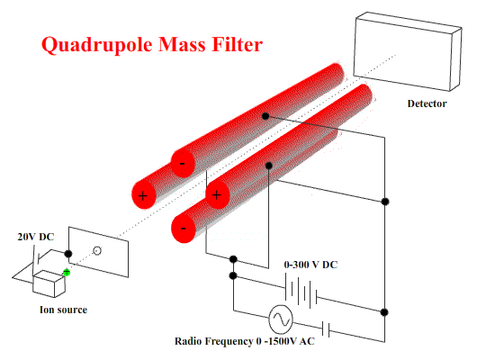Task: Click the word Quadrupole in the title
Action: pos(97,45)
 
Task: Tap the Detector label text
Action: pos(427,103)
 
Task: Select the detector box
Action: pos(407,51)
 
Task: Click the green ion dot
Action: pos(67,272)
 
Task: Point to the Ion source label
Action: pos(63,310)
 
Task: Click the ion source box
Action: pos(49,284)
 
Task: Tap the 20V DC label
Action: pos(36,237)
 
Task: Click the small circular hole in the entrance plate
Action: pos(97,251)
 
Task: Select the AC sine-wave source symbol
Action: pos(281,319)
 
